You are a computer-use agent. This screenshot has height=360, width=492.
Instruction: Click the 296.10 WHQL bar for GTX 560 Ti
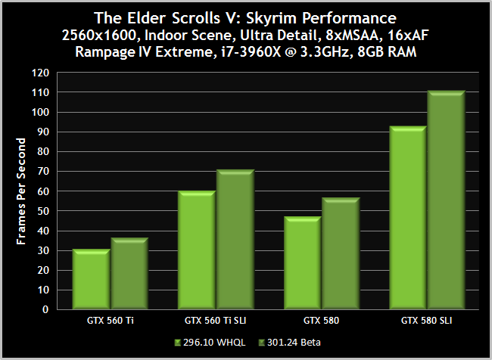(92, 278)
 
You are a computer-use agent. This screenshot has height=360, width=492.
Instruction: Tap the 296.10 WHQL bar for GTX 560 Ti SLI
(197, 250)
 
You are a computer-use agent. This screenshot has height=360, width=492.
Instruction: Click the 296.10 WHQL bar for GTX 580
(303, 262)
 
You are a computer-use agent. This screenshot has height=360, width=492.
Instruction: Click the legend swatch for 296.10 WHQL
(177, 342)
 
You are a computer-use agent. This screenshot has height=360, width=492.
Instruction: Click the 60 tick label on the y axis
(45, 191)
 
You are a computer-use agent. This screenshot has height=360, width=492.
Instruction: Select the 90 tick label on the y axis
(45, 132)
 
